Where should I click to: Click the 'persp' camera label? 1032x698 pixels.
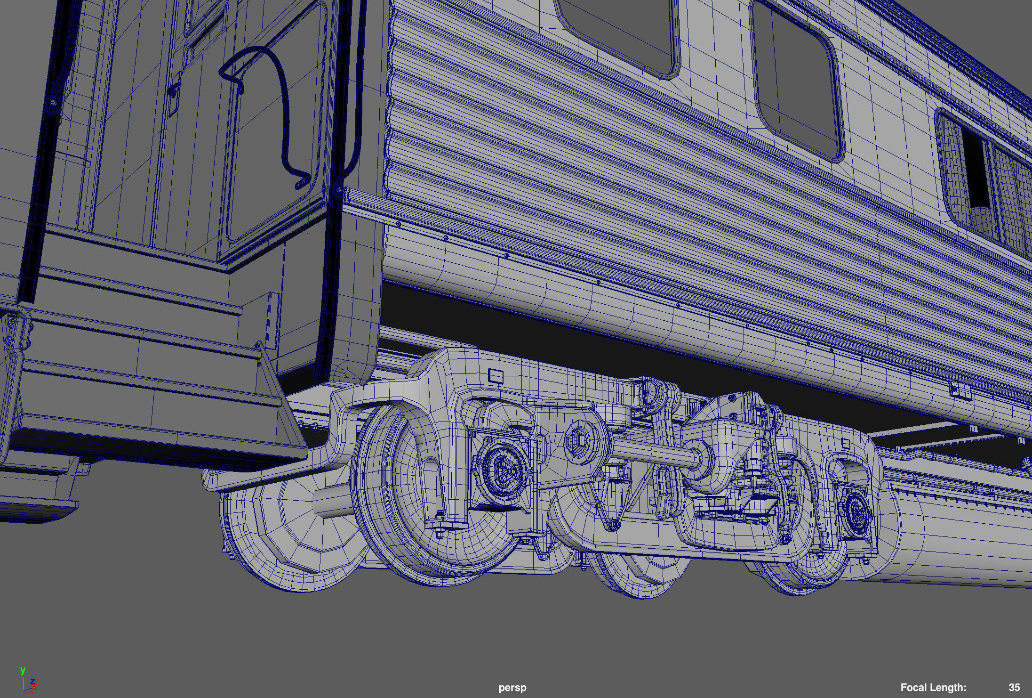coord(512,688)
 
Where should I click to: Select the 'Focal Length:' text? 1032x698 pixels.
coord(933,688)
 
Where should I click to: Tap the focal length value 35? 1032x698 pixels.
coord(1014,688)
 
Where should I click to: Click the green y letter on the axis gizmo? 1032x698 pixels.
coord(23,670)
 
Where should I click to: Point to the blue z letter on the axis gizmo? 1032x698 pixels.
coord(32,681)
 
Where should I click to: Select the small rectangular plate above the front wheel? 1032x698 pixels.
coord(496,376)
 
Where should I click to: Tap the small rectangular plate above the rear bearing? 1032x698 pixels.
coord(846,443)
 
